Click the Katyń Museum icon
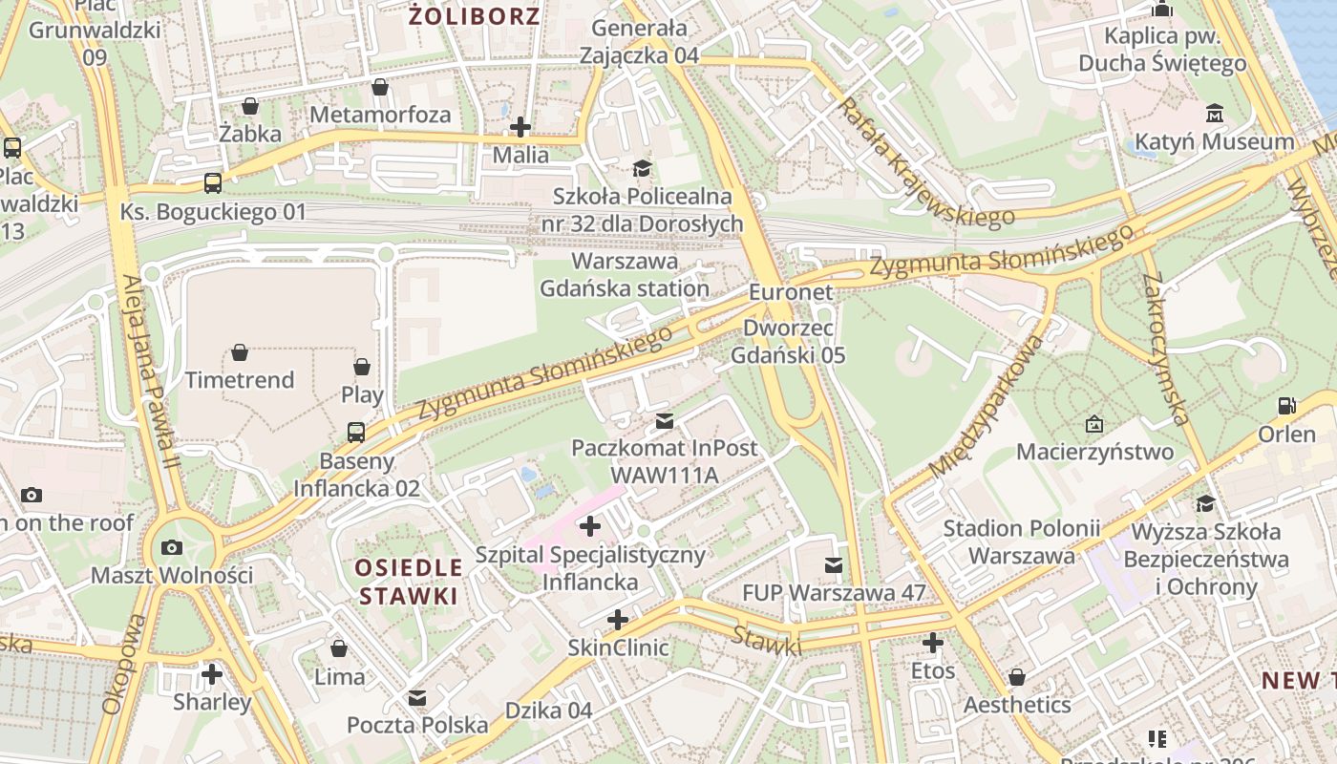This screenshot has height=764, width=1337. click(1214, 114)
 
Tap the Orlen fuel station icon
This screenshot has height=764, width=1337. click(1286, 406)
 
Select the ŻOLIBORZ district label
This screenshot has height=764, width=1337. click(475, 15)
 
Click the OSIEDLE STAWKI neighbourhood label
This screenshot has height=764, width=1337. click(408, 582)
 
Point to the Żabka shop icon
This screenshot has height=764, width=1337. click(249, 105)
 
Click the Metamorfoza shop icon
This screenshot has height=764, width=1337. click(380, 87)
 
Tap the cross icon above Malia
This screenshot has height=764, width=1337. click(520, 126)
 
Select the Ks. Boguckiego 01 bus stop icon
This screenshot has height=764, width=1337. click(212, 182)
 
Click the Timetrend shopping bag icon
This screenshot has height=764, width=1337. click(240, 352)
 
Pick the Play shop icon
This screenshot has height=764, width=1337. click(362, 367)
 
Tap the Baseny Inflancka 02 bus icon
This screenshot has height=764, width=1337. click(356, 433)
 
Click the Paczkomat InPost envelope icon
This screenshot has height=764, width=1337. click(664, 420)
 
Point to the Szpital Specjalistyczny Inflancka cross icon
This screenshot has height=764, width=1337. click(590, 526)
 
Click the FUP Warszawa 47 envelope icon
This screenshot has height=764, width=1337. click(834, 565)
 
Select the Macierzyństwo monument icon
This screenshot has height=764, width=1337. click(1094, 423)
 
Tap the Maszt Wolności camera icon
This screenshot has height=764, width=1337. click(172, 548)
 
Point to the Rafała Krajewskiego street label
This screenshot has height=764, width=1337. click(924, 163)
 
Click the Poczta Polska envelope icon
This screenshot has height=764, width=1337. click(417, 698)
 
